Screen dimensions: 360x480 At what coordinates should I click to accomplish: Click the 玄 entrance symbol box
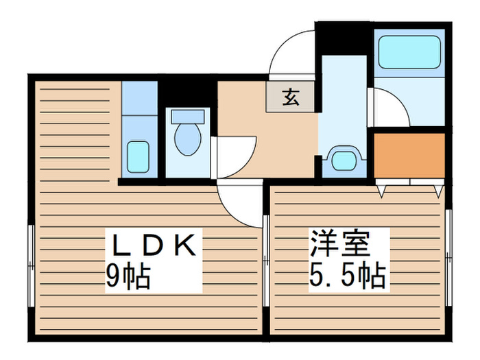(x=291, y=97)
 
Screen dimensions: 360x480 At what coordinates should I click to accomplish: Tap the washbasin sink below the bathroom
(x=343, y=160)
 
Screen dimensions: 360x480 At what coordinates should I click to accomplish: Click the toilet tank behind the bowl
(x=187, y=115)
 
